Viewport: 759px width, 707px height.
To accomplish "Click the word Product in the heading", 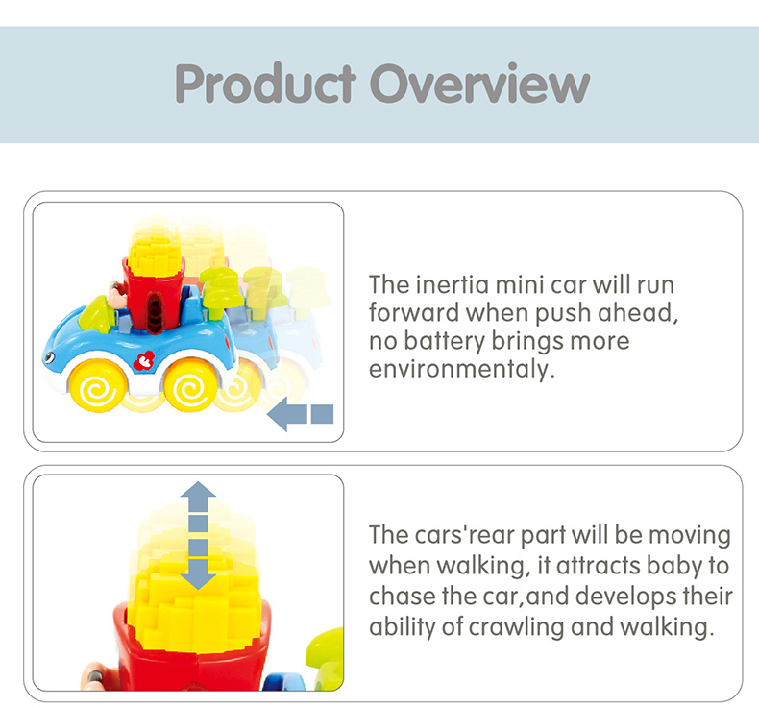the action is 266,84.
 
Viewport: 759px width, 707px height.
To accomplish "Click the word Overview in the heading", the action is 480,84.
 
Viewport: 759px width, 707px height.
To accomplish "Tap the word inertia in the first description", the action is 453,284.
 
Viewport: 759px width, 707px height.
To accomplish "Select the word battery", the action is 445,341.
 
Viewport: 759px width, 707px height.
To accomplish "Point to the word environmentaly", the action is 462,369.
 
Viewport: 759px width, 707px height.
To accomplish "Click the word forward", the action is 414,312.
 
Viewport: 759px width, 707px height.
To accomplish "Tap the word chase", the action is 402,597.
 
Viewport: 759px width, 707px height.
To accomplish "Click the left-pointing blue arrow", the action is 300,414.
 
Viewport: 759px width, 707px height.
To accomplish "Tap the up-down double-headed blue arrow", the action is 198,536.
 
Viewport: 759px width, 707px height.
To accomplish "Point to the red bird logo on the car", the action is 144,360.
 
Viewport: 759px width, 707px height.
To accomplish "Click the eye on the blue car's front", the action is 49,358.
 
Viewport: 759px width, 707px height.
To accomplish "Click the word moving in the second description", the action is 689,536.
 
